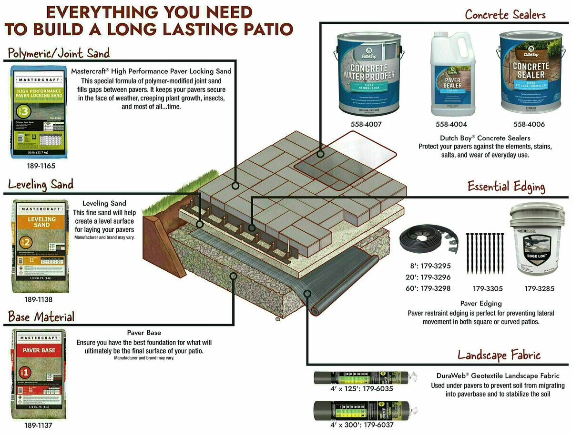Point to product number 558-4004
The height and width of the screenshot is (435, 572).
[451, 124]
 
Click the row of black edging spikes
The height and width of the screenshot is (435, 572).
[484, 252]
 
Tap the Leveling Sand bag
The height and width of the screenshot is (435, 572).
[40, 246]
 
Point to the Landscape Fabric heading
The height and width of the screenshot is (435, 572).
[499, 355]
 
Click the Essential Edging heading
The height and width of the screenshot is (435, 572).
[505, 187]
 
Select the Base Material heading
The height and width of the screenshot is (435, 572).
[41, 317]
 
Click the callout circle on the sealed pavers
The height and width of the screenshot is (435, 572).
[321, 154]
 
